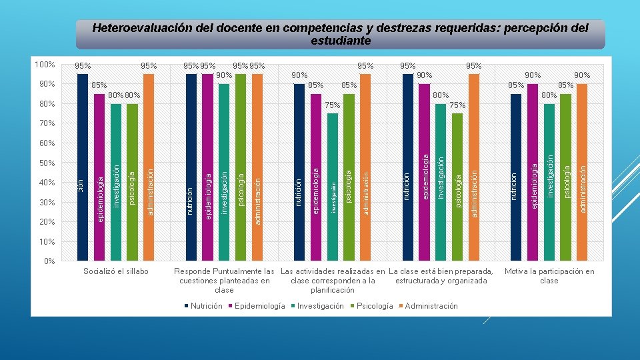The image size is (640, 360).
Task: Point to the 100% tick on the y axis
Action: [x=44, y=65]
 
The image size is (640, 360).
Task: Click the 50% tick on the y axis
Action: [x=46, y=163]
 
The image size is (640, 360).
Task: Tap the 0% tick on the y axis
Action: [x=49, y=261]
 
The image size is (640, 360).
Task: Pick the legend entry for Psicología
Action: [x=374, y=306]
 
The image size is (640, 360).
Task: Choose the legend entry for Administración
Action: [x=431, y=306]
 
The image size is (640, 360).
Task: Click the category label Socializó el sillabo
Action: [x=116, y=271]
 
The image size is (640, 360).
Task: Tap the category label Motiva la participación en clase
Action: [x=549, y=276]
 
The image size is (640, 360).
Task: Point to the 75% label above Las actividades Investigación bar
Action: [x=333, y=106]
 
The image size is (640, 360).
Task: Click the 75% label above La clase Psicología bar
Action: [x=457, y=106]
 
